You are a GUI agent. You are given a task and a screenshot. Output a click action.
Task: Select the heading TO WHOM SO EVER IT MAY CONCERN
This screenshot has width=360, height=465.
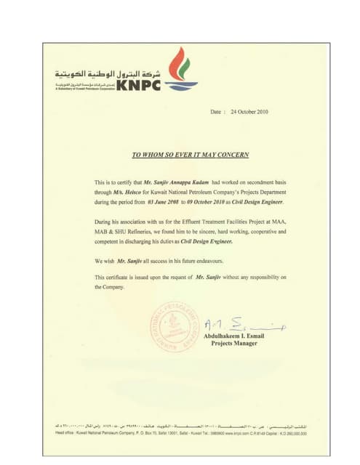point(190,155)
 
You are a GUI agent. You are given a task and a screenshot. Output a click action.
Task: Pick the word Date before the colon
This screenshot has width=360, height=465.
point(216,113)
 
